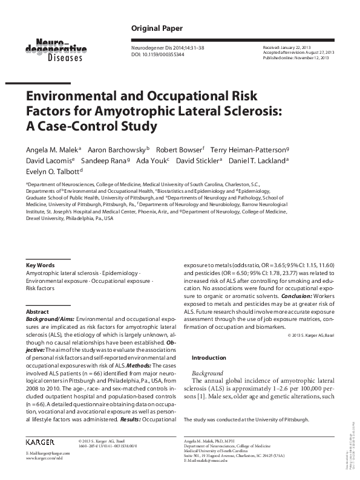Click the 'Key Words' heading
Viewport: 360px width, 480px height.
(38, 265)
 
